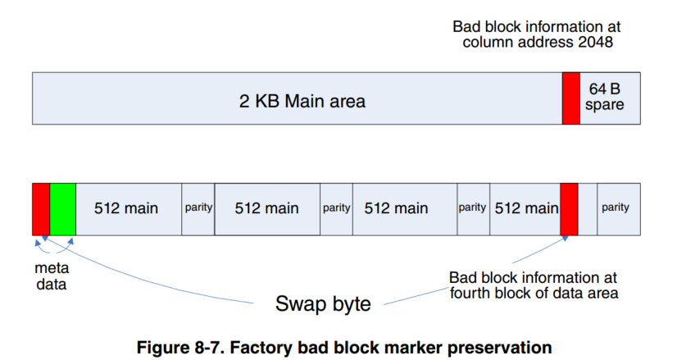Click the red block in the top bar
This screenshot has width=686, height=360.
(570, 98)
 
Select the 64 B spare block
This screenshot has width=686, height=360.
(610, 98)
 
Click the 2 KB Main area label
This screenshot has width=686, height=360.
(302, 102)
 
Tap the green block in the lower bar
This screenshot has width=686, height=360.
(62, 208)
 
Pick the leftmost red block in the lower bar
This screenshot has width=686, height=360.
(40, 208)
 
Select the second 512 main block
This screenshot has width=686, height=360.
(266, 208)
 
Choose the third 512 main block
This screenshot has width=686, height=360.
(396, 208)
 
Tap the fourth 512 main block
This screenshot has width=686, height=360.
(525, 208)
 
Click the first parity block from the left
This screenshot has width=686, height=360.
(198, 208)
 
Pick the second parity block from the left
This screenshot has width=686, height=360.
(336, 208)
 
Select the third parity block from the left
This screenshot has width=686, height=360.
(472, 208)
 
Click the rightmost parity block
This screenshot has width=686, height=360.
(616, 208)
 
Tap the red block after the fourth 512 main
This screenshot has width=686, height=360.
(569, 208)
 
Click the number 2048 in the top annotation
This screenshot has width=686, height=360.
(593, 43)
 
